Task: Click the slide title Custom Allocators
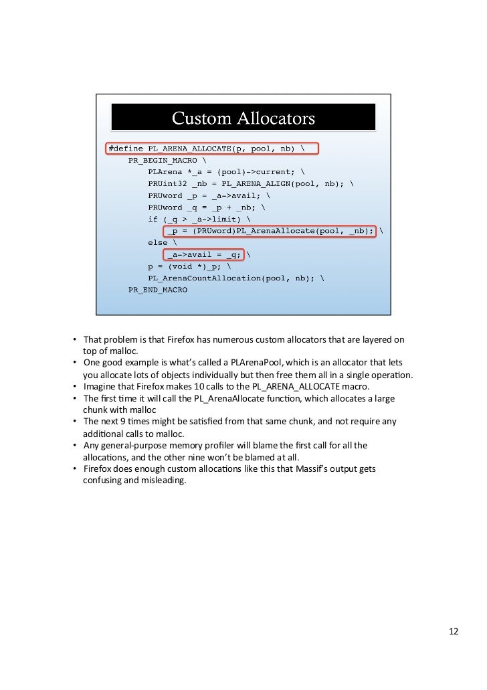coord(243,118)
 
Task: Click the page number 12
coord(454,632)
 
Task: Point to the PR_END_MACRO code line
coord(158,290)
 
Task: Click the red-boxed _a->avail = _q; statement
coord(204,254)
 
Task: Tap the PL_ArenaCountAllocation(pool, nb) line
coord(231,278)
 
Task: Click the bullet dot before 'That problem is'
coord(76,339)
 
